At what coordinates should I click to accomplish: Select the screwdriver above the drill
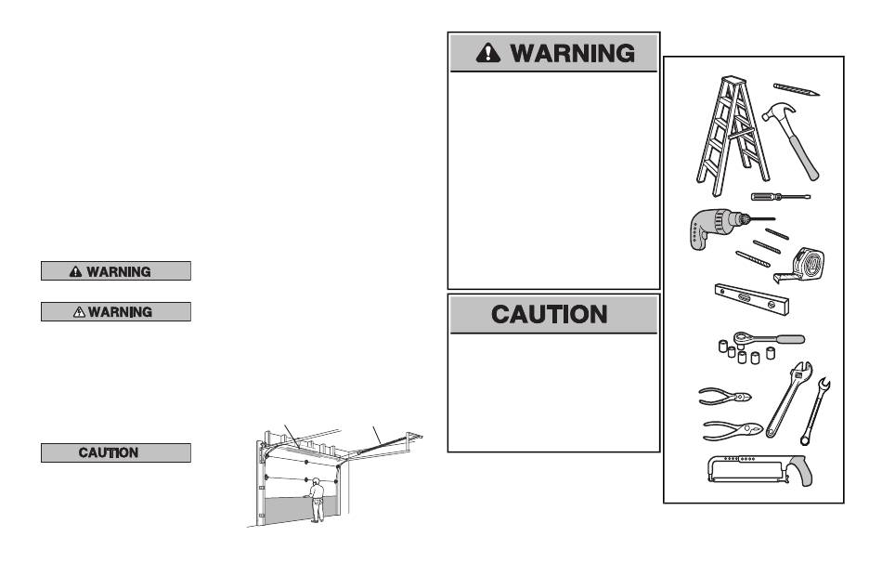pos(778,196)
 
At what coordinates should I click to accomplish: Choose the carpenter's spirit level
pos(752,299)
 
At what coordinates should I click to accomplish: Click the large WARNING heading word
pos(573,53)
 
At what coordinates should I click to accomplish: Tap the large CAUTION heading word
pos(550,314)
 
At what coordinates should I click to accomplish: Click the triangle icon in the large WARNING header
pos(488,53)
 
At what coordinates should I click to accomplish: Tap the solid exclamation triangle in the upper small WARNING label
pos(76,271)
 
